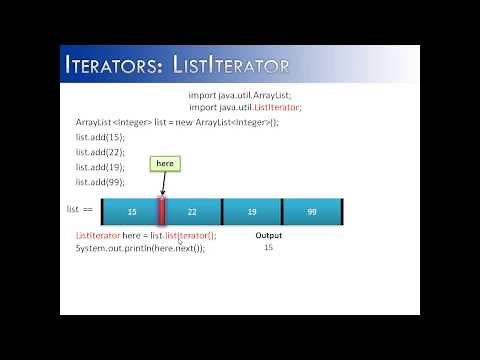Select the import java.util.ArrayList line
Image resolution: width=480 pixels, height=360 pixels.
coord(245,96)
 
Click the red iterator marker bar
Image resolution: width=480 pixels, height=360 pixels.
coord(161,211)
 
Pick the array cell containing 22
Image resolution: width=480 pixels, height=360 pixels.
coord(192,212)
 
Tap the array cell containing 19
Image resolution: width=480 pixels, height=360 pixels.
coord(252,212)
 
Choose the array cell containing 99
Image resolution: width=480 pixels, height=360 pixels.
coord(312,212)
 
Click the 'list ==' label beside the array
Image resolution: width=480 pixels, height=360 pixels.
coord(80,211)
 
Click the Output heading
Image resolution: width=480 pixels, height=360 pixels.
coord(268,236)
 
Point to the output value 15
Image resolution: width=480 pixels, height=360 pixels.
coord(268,247)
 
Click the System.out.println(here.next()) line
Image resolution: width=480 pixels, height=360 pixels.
coord(140,248)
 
